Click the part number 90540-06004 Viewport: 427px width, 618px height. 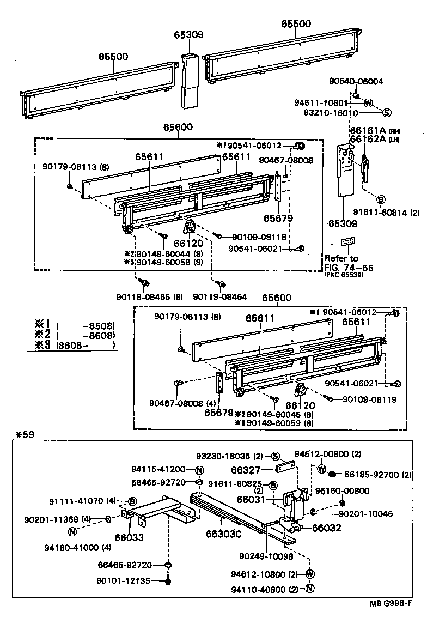[x=356, y=81]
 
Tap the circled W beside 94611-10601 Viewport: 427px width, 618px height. [x=368, y=102]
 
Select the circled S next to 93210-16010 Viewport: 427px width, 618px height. [x=386, y=113]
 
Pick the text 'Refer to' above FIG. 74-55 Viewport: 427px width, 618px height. [x=341, y=258]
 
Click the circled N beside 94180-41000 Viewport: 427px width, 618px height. [x=72, y=532]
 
